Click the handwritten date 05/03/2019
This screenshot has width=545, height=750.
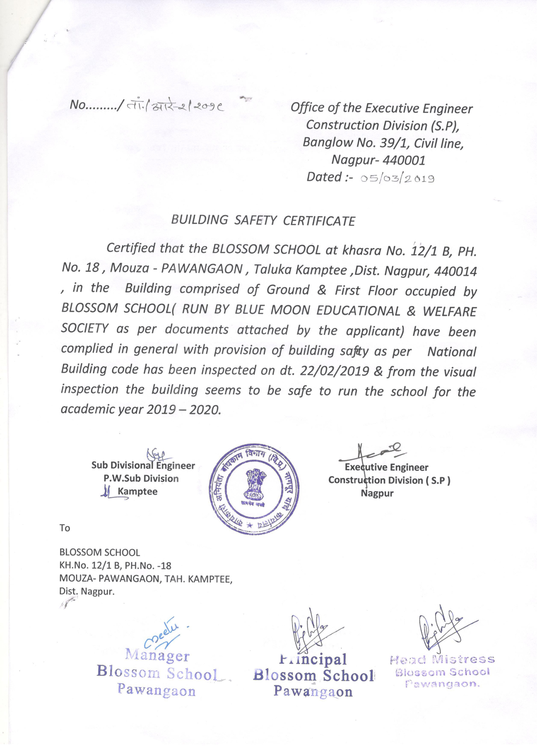tap(397, 179)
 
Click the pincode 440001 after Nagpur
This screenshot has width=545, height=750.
tap(404, 160)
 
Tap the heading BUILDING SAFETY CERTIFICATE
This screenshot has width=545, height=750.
tap(263, 220)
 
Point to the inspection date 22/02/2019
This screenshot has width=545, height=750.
tap(334, 371)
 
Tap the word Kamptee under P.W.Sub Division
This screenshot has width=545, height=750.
tap(137, 491)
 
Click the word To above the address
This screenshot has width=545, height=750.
tap(64, 528)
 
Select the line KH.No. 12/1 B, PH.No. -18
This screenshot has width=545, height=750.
tap(115, 565)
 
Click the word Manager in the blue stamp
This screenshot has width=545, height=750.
tap(157, 655)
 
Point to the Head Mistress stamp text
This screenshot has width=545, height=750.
tap(442, 659)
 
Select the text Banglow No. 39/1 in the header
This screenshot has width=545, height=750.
tap(347, 143)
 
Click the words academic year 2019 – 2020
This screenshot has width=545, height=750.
tap(141, 410)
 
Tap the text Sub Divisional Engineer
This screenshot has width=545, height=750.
tap(143, 465)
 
